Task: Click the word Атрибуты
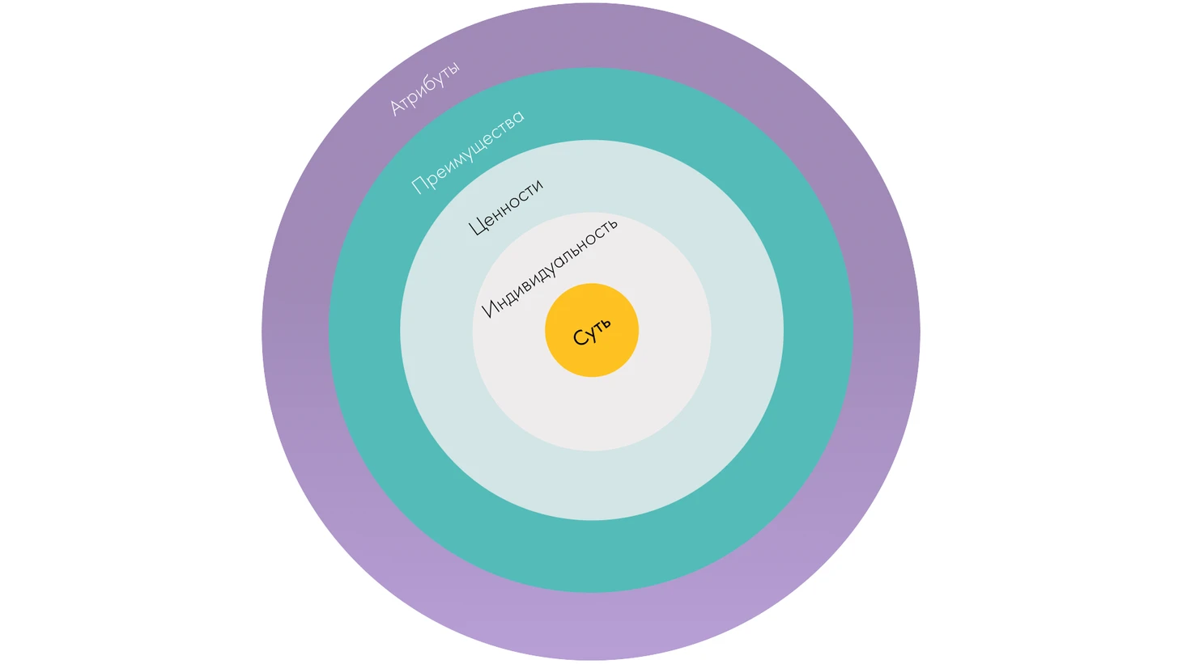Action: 424,88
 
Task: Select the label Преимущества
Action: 468,151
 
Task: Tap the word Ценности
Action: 505,207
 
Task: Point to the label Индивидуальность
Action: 550,266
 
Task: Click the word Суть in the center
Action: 592,331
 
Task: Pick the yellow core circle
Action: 592,356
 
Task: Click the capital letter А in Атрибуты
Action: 397,106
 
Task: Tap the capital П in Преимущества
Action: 419,185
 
